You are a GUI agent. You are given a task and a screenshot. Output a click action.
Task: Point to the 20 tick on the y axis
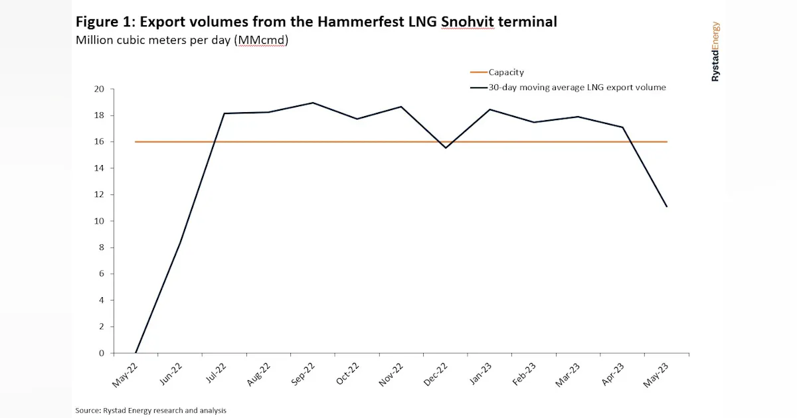tap(100, 89)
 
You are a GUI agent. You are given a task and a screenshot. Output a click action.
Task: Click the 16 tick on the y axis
tap(100, 142)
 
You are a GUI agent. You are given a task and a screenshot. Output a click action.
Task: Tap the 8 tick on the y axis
tap(102, 247)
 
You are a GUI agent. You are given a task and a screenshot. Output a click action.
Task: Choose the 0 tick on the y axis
tap(102, 353)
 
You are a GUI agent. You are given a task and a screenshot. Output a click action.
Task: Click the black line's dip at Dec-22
tap(446, 148)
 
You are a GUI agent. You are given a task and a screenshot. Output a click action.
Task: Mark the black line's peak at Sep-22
tap(313, 103)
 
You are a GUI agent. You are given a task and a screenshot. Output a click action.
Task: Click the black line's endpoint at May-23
tap(667, 207)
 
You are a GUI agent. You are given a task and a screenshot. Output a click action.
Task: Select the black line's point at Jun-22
tap(180, 243)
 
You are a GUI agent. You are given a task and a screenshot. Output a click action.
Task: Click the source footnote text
tap(151, 411)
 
